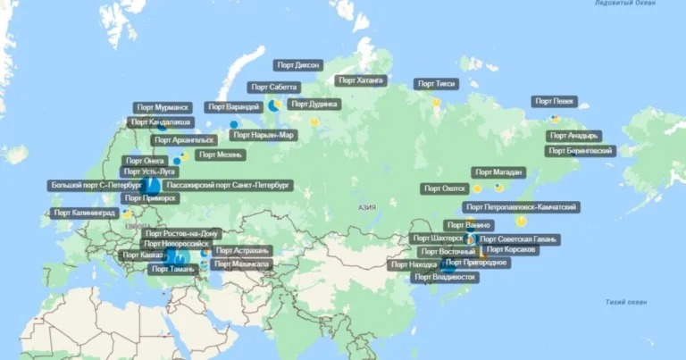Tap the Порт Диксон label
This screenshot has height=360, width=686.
tap(298, 64)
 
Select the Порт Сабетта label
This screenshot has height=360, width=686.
tap(273, 88)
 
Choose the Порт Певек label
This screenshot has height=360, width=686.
tap(555, 102)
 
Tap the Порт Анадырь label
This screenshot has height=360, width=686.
tap(573, 136)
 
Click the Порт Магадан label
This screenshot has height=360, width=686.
tap(498, 172)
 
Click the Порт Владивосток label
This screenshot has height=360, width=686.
tap(445, 277)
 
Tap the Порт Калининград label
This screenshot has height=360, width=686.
tap(85, 213)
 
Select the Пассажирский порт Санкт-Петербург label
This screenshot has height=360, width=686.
tap(229, 186)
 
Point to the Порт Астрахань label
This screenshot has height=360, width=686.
tap(242, 251)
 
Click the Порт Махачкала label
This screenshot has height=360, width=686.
tap(242, 264)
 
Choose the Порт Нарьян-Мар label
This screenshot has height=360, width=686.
tap(263, 136)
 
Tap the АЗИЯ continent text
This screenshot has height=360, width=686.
tap(366, 206)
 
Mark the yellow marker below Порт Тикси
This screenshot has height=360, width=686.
tap(437, 102)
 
